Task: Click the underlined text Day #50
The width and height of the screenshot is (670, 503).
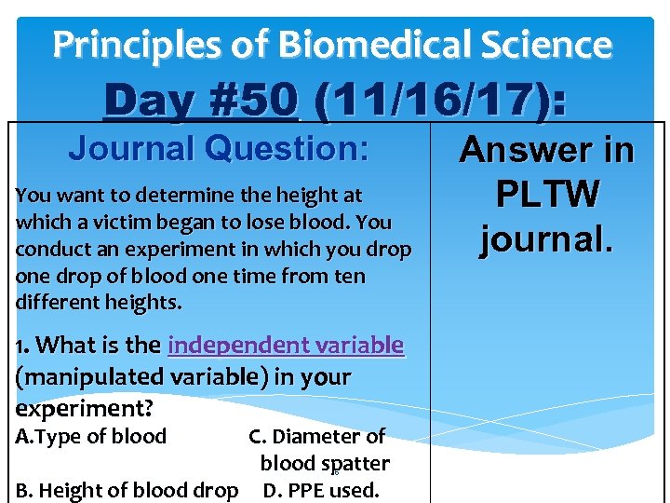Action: click(x=201, y=101)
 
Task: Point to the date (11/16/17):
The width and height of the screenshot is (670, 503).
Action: click(x=439, y=101)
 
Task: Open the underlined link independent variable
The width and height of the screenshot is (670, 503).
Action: click(x=286, y=346)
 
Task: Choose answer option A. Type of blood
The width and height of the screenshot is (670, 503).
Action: click(x=91, y=436)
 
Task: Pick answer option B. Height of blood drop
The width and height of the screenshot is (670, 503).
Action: click(x=127, y=490)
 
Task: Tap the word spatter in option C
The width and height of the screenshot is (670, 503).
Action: click(x=355, y=463)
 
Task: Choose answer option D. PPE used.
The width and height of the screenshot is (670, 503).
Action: click(x=321, y=490)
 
